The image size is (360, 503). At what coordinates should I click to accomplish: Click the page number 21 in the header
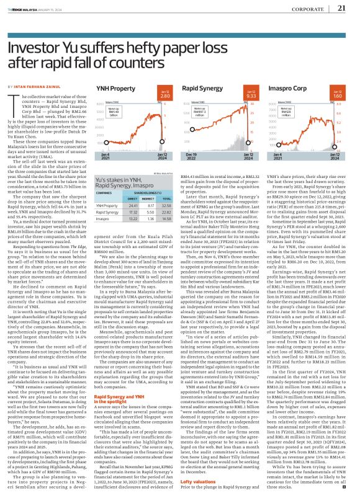[341, 9]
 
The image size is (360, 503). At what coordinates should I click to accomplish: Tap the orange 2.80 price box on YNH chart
[164, 96]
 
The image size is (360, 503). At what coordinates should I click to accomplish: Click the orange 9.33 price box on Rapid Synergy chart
[251, 96]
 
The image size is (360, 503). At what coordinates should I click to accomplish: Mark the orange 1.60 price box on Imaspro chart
[338, 96]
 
